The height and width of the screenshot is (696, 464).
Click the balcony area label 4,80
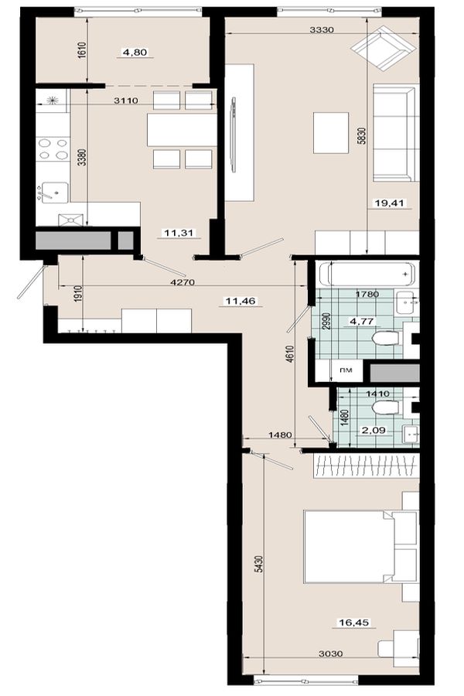[135, 53]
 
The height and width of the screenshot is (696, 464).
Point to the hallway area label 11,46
[241, 301]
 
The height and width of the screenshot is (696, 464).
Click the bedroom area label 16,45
[354, 623]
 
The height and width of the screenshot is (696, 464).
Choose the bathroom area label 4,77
[362, 320]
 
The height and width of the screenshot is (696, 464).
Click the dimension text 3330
[321, 29]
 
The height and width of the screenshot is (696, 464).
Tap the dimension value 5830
[362, 136]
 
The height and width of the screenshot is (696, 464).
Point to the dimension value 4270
[183, 281]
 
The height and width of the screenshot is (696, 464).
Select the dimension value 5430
[259, 564]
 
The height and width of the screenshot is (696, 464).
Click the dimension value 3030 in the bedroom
[331, 653]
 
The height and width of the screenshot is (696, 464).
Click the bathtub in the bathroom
[367, 275]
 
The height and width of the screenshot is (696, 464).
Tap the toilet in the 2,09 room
[385, 408]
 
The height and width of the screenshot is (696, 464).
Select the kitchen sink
[53, 193]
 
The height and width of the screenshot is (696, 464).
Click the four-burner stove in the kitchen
[53, 149]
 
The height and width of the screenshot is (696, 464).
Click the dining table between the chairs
[182, 130]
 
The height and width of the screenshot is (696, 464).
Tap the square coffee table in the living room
[331, 133]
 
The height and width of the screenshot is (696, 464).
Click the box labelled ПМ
[346, 370]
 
